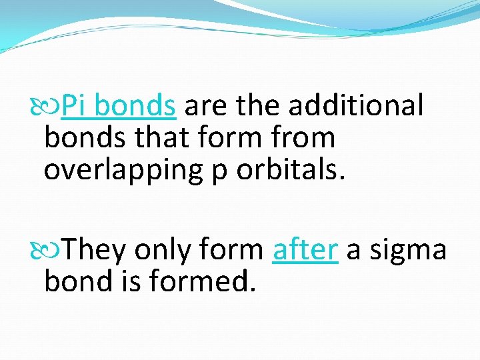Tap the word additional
[355, 105]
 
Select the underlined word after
[305, 249]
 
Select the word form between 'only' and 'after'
[234, 249]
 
